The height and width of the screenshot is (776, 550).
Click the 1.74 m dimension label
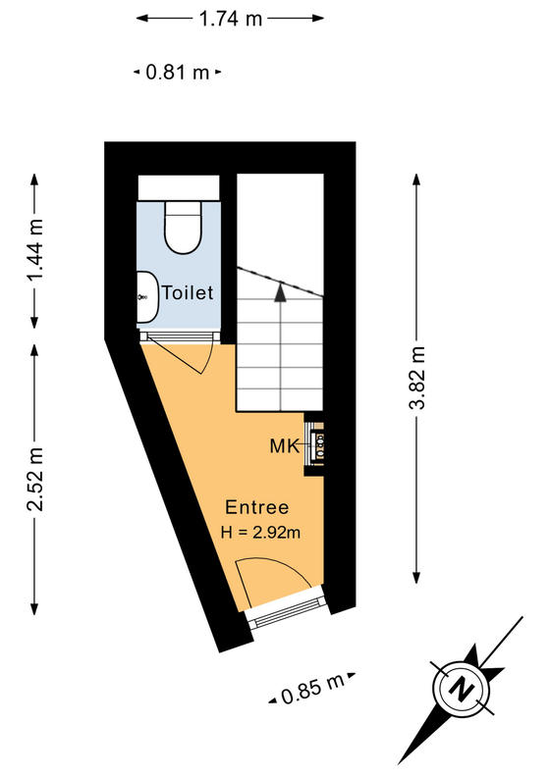[230, 19]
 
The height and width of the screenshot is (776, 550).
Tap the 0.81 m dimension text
[178, 73]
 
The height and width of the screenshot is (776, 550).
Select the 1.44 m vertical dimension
[35, 250]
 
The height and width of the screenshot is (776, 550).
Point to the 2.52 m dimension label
[35, 479]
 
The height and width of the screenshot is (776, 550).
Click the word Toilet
[188, 292]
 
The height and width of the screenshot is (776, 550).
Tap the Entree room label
[256, 507]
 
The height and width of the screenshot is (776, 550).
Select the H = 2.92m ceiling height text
[260, 532]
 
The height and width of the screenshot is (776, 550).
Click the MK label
[285, 446]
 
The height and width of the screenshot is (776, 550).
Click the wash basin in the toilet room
[147, 297]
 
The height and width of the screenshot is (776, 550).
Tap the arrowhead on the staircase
[281, 292]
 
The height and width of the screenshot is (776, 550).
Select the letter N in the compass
[462, 688]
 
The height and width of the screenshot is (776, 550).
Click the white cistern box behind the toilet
[179, 187]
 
